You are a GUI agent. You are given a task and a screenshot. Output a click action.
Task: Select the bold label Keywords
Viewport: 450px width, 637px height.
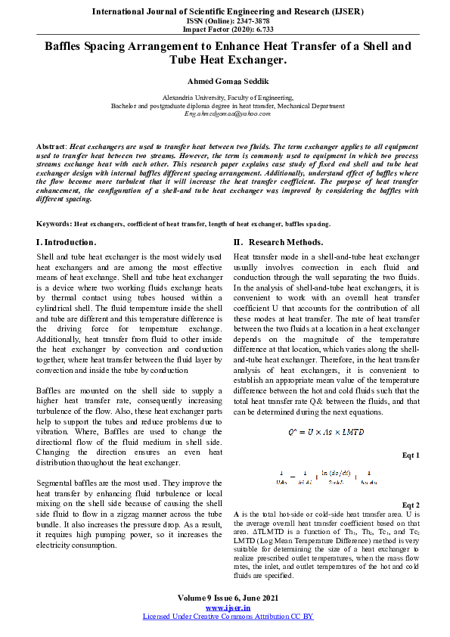coord(54,224)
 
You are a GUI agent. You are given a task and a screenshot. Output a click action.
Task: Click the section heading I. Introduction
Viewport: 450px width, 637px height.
coord(67,242)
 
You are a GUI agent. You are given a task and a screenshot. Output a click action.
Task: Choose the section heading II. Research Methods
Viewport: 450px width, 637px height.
coord(278,242)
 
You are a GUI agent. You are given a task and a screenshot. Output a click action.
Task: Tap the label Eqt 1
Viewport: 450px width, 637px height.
coord(411,455)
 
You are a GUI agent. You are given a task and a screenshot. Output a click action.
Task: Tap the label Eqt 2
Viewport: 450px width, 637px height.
coord(411,505)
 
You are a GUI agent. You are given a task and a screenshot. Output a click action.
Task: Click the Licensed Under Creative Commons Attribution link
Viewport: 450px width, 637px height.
coord(228,617)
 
